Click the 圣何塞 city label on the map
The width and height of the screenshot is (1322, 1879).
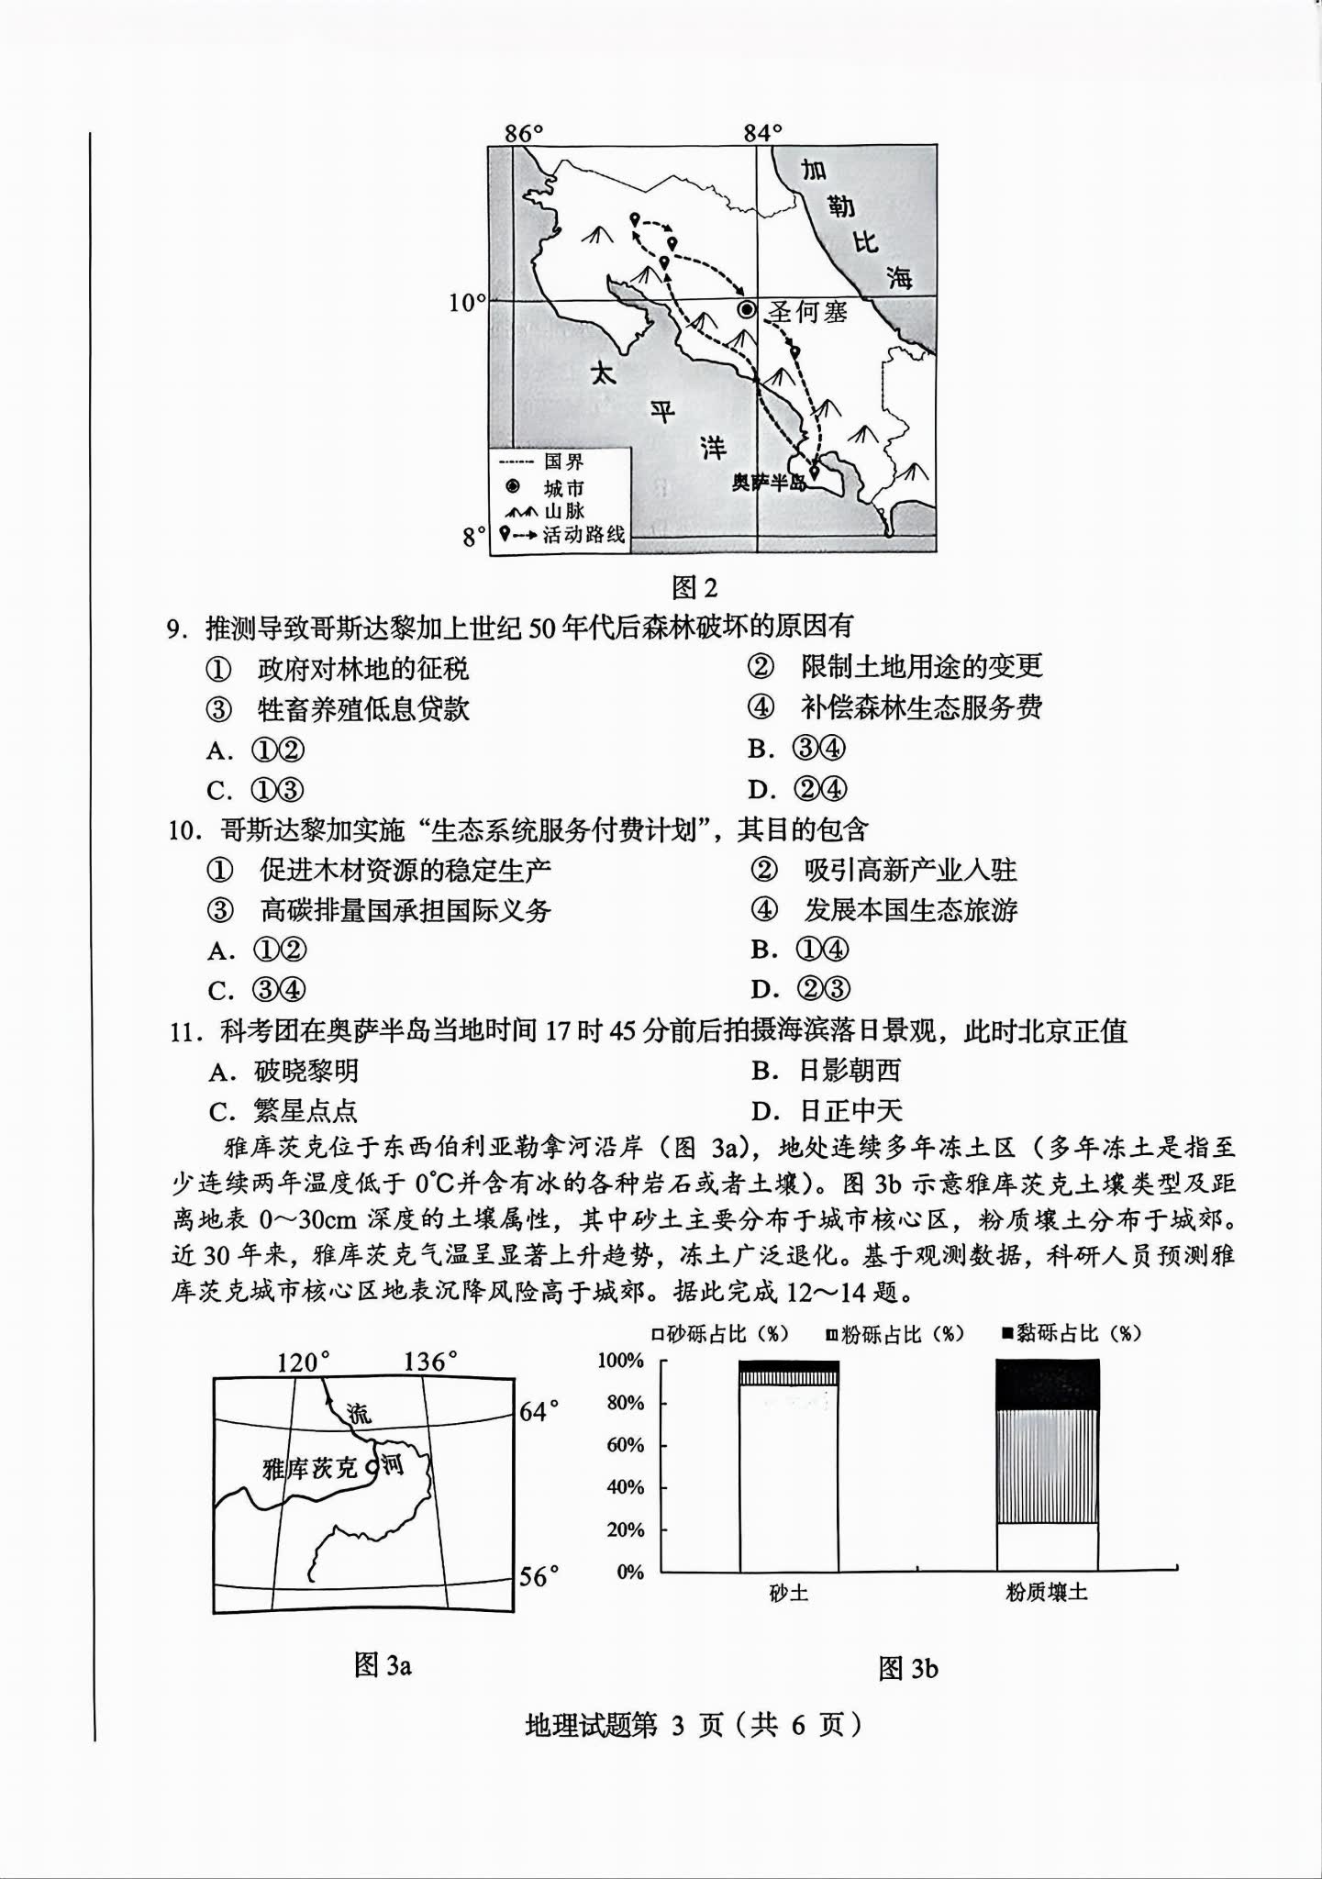[807, 312]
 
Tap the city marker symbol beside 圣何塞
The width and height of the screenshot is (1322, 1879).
[748, 310]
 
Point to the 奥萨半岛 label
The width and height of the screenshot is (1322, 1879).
[768, 482]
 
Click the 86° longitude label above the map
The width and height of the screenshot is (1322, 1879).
[524, 133]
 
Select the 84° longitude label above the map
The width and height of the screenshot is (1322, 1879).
[763, 133]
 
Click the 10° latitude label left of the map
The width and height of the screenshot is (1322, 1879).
[467, 302]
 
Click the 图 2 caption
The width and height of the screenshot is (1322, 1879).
[694, 587]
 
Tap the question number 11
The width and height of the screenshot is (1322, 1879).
[186, 1032]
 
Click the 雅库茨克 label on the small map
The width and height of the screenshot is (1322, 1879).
[309, 1469]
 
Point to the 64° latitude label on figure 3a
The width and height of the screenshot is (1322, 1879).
[539, 1410]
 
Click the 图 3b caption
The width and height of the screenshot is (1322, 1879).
[908, 1668]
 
